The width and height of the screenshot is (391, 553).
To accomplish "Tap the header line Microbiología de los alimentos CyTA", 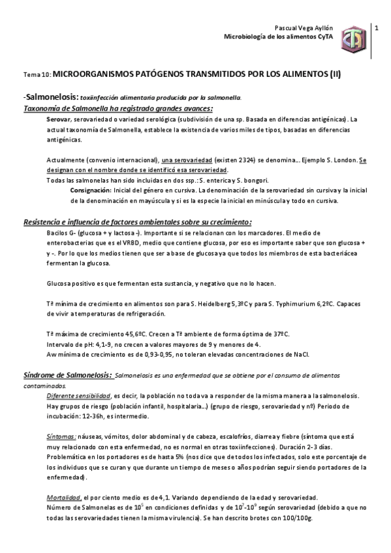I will point(278,38).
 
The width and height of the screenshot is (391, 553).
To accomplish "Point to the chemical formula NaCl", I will point(302,354).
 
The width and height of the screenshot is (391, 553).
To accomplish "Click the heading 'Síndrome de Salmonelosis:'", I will point(68,376).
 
